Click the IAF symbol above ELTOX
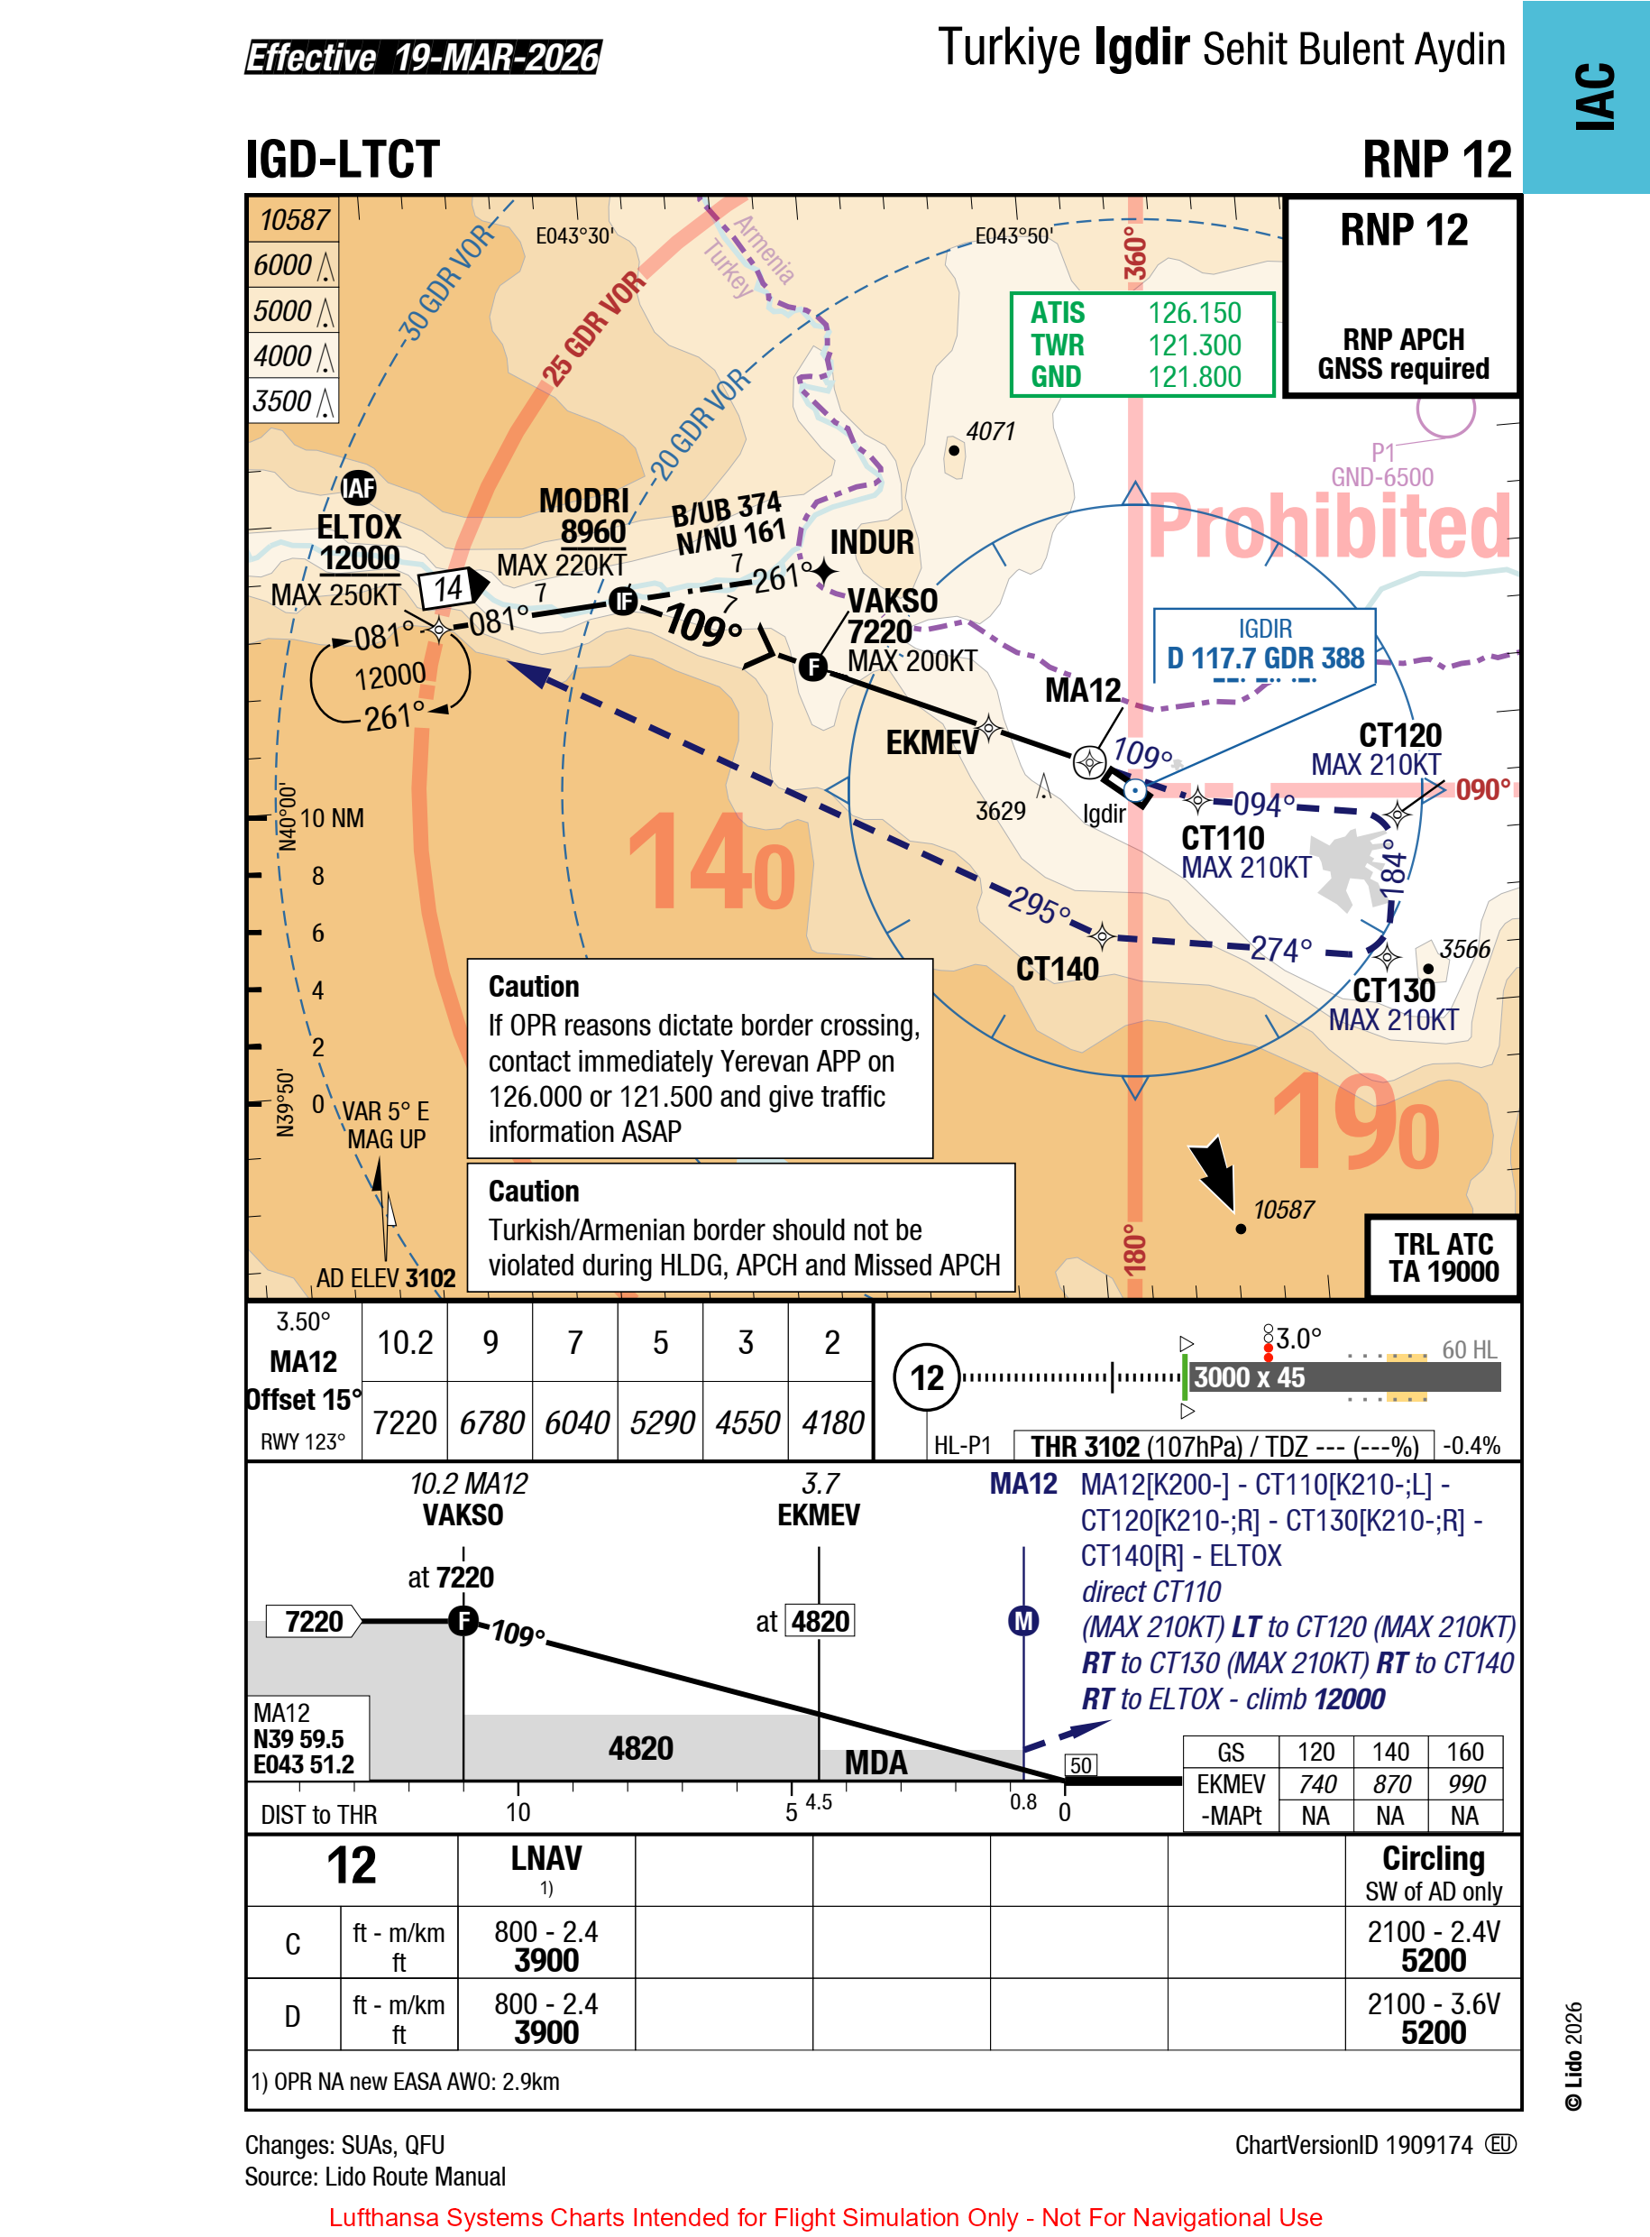(x=359, y=488)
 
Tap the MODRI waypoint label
(x=584, y=501)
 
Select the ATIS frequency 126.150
(x=1194, y=313)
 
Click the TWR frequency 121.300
(x=1194, y=345)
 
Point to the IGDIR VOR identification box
(x=1264, y=646)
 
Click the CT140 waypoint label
(x=1057, y=968)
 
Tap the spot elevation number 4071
(x=990, y=431)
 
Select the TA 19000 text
(x=1444, y=1271)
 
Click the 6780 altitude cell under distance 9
(x=490, y=1422)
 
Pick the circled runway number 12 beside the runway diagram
(x=926, y=1377)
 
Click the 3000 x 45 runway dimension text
(x=1249, y=1376)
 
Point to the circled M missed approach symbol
(x=1022, y=1621)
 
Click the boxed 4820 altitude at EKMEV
(x=820, y=1621)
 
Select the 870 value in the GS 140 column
(x=1390, y=1784)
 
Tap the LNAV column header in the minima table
(x=546, y=1858)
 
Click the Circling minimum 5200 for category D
(x=1434, y=2032)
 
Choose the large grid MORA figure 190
(x=1355, y=1124)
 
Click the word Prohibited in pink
(x=1328, y=527)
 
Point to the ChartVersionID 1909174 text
(x=1353, y=2145)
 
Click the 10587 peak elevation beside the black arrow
(x=1283, y=1210)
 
